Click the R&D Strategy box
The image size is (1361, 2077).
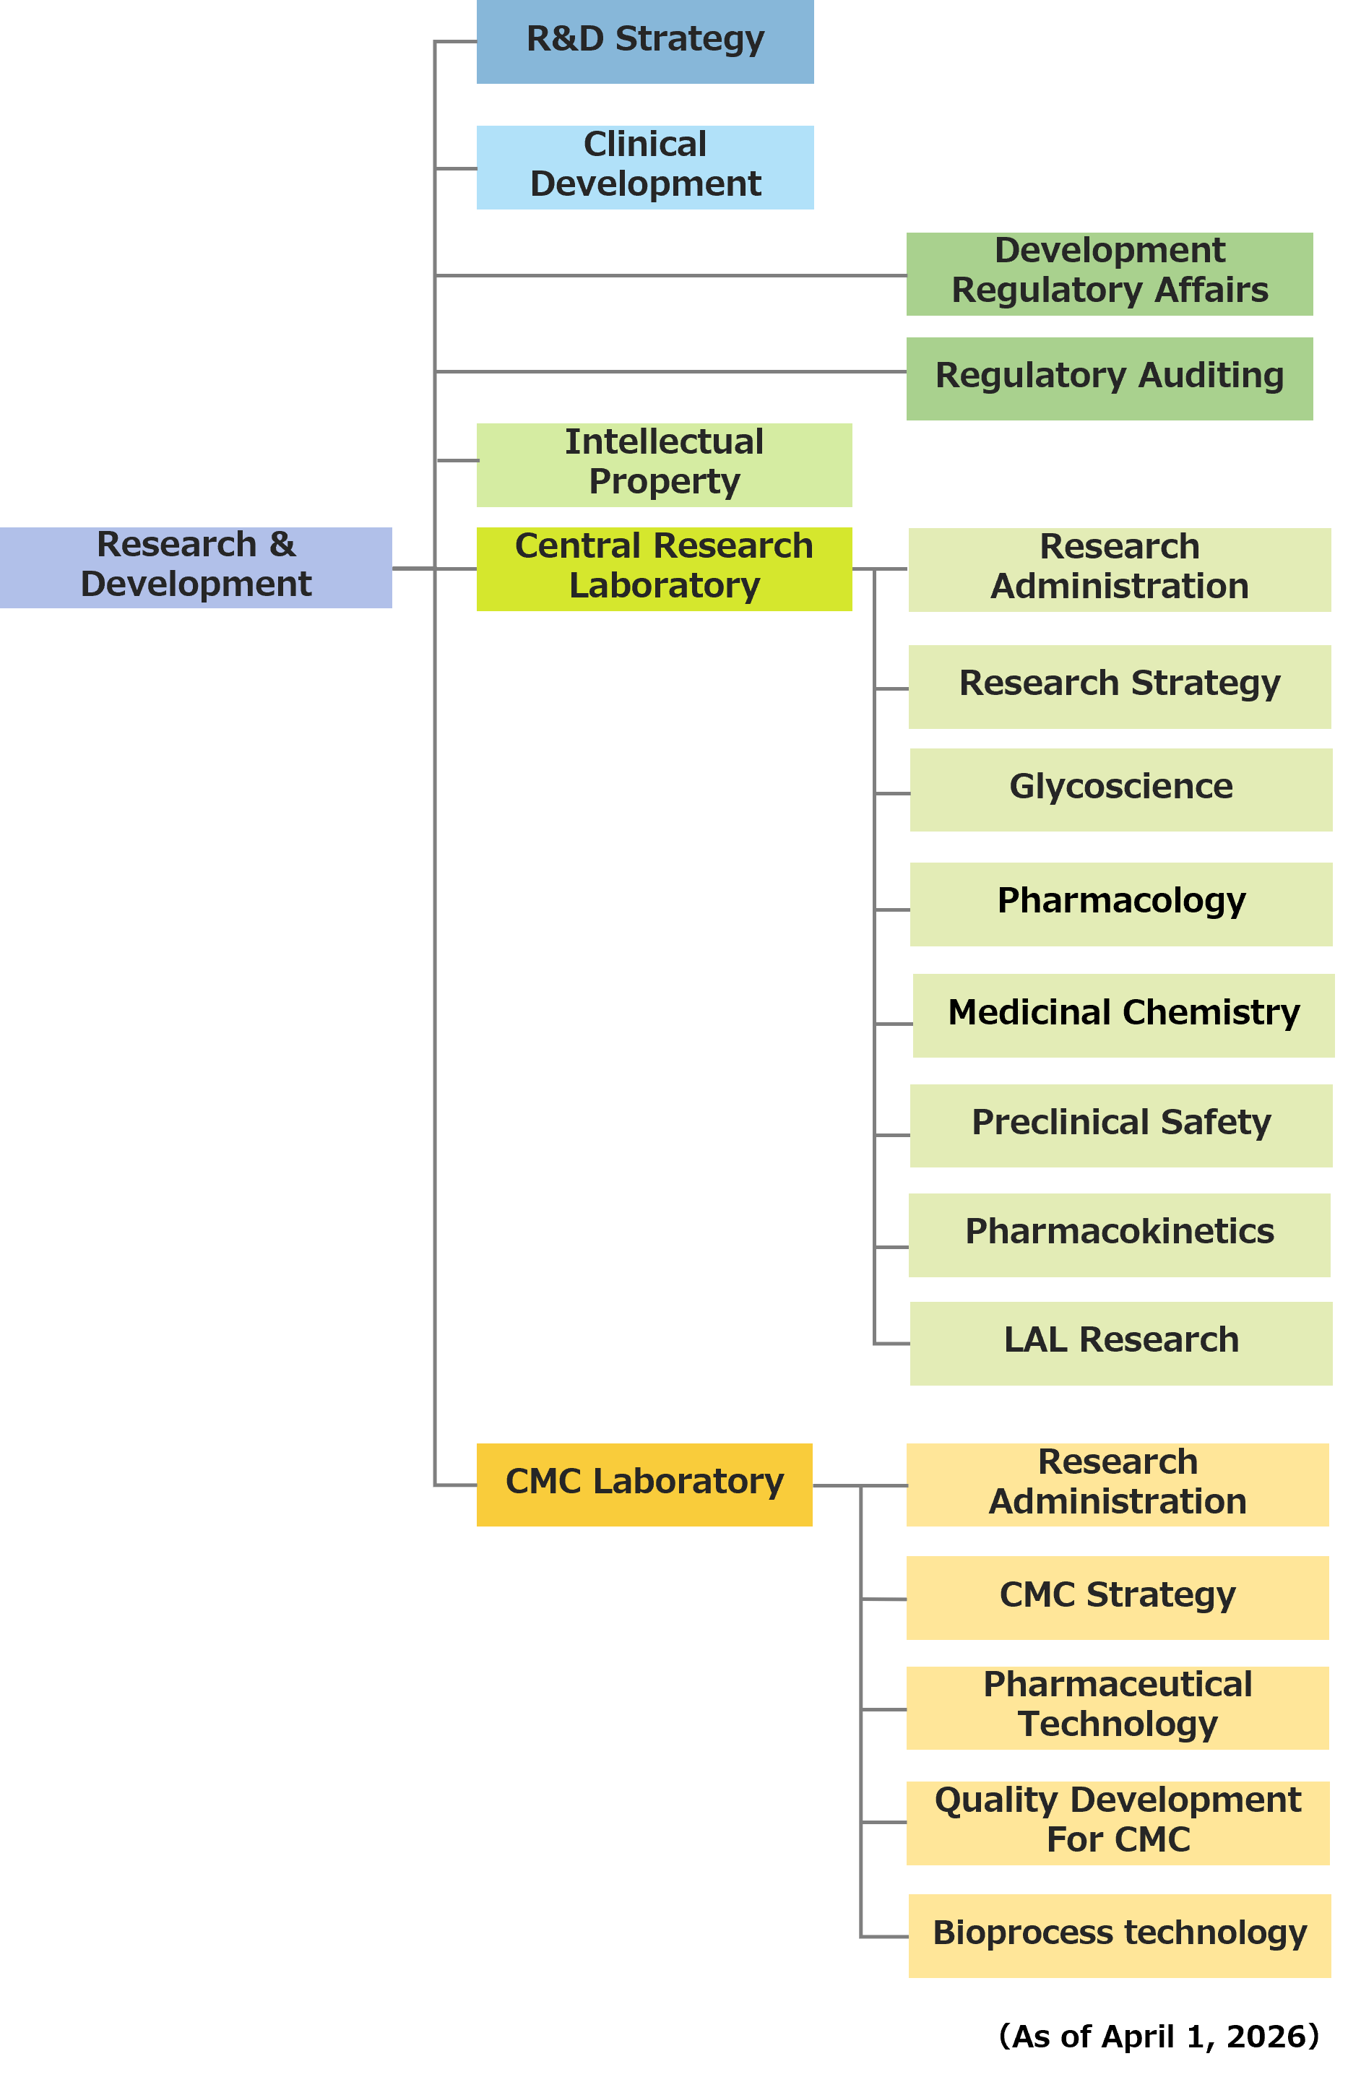[644, 41]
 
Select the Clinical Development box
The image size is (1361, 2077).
[644, 167]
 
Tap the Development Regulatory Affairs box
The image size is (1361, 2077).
[1109, 273]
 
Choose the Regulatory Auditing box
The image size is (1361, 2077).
[1109, 378]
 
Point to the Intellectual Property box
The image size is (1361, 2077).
[664, 465]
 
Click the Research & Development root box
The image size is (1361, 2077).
[196, 567]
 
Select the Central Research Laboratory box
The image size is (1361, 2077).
[664, 568]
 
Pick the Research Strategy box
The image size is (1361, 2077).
[1119, 686]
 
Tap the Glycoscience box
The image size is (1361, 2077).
[1120, 789]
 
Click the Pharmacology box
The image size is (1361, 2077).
[1120, 903]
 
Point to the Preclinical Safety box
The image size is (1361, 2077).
[1120, 1125]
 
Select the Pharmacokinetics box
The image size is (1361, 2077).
[1119, 1234]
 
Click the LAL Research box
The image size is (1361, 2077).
[1120, 1342]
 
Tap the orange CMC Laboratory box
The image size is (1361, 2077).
[644, 1484]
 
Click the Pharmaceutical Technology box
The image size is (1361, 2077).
[1117, 1707]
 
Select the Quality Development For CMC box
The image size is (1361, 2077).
[1118, 1822]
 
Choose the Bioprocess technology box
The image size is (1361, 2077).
[1119, 1935]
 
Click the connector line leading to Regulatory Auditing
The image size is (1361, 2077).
[672, 372]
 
